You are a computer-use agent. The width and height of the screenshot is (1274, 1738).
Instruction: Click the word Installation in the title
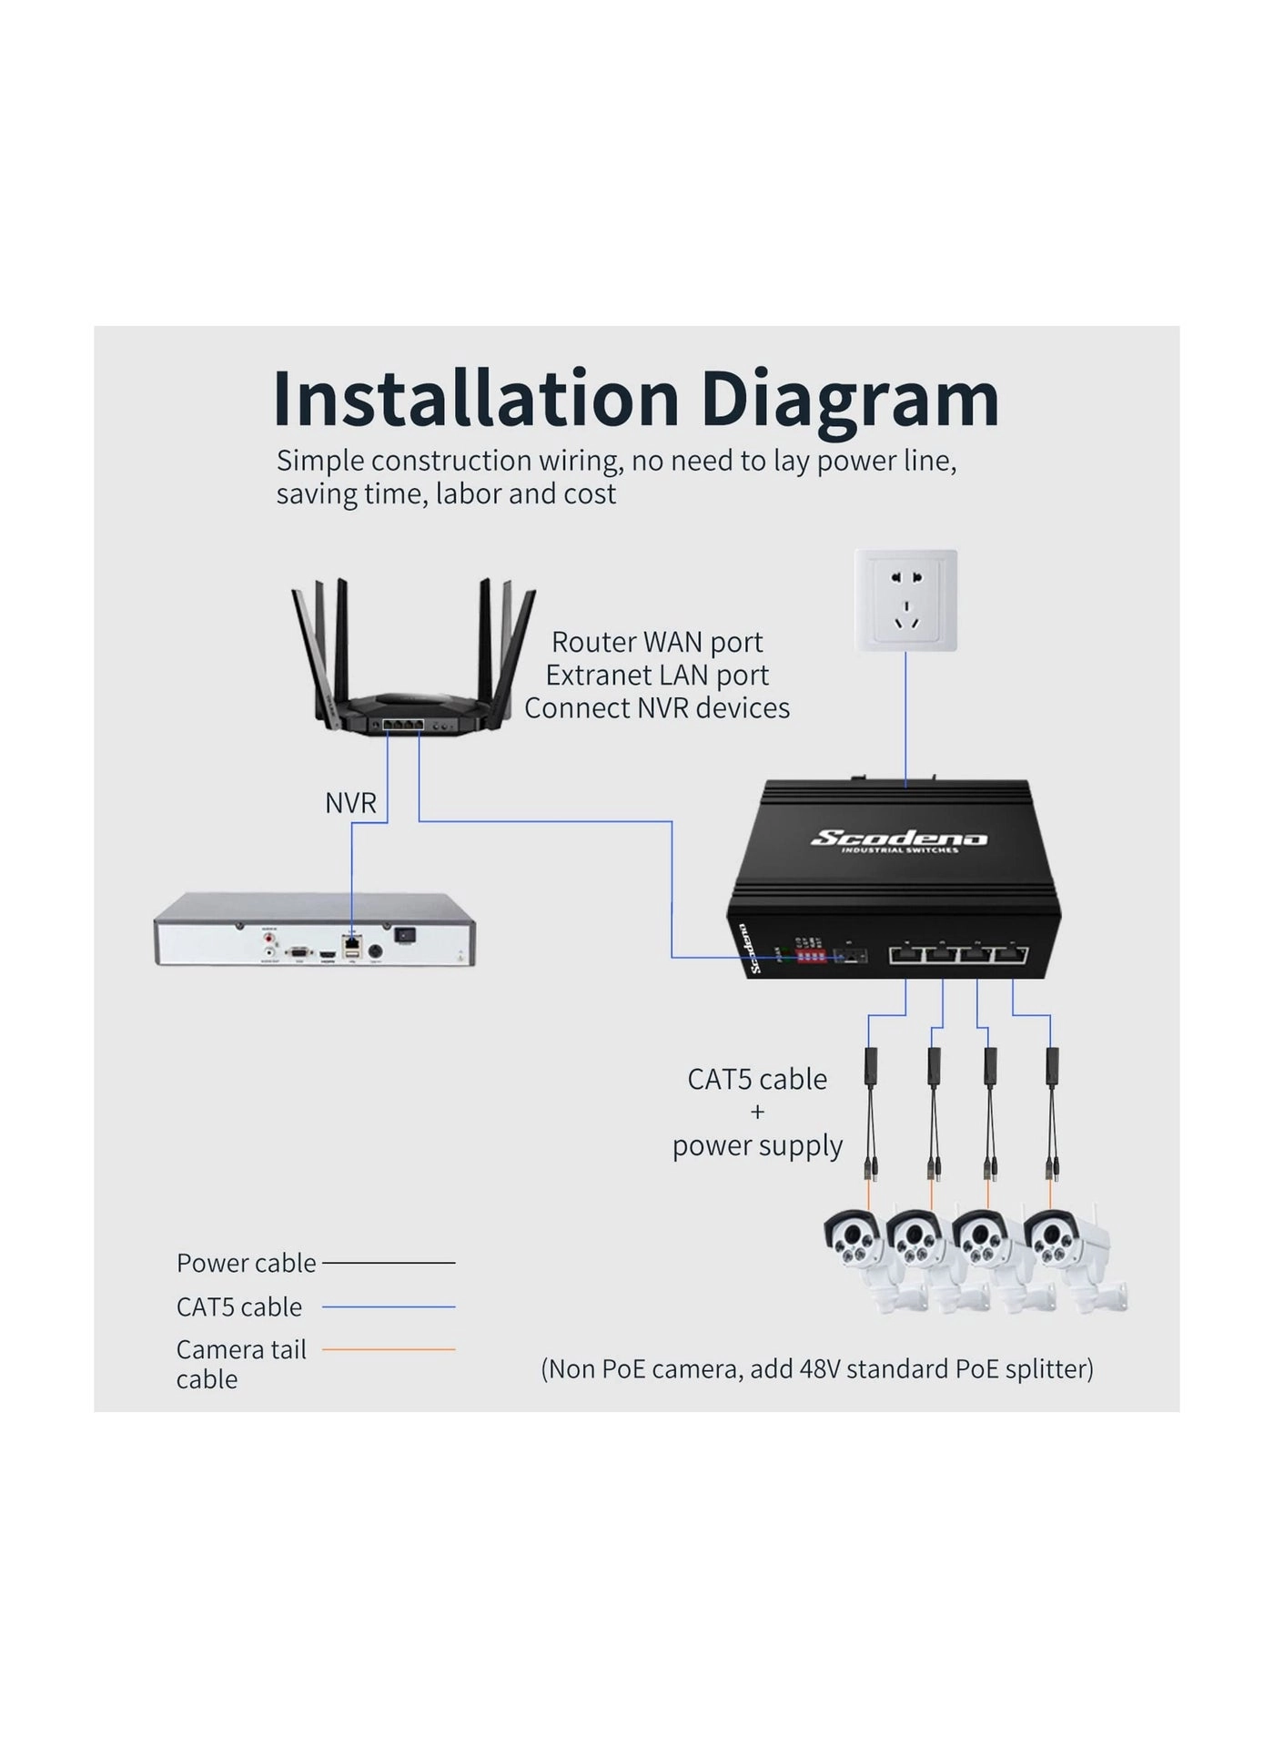(x=476, y=399)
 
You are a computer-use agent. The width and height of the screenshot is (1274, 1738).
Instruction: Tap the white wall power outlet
(x=905, y=600)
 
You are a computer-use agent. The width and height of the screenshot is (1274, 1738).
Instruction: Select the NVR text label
(x=350, y=803)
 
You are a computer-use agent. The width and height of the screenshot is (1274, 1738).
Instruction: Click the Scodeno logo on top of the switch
(x=898, y=839)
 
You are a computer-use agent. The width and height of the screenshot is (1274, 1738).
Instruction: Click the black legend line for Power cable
(x=389, y=1263)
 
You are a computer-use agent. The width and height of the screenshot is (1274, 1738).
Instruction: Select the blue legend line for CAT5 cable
(x=389, y=1306)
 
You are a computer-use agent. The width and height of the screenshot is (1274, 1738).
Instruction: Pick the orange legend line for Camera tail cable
(x=389, y=1349)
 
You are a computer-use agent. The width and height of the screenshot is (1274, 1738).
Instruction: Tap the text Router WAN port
(x=657, y=642)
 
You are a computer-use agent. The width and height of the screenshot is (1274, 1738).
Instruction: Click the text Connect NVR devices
(x=657, y=708)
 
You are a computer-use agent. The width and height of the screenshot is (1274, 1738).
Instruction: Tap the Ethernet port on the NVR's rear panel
(x=352, y=941)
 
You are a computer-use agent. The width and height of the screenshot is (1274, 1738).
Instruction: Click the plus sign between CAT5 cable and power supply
(x=757, y=1112)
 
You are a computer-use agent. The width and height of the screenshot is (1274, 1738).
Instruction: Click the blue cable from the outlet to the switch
(x=905, y=719)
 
